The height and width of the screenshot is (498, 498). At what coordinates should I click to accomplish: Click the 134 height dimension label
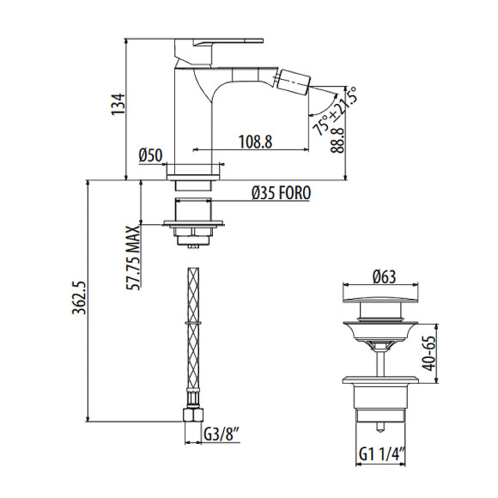point(118,104)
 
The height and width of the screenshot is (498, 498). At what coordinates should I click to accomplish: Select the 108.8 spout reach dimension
point(255,142)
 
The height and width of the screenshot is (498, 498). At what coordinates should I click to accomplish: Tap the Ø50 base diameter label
point(150,155)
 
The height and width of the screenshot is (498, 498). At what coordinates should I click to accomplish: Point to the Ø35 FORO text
point(281,193)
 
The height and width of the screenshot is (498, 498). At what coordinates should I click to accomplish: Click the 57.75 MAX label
point(133,258)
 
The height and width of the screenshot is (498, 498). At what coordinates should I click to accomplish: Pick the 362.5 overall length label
point(79,297)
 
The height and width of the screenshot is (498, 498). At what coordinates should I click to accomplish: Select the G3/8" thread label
point(222,434)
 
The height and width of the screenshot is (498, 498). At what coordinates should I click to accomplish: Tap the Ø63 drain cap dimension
point(385,277)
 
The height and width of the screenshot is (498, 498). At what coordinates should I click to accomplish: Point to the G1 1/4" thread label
point(382,454)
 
